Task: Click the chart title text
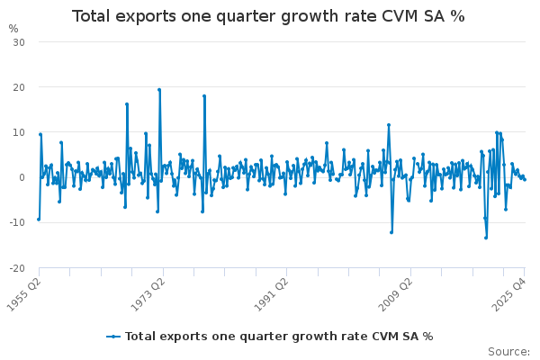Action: point(268,16)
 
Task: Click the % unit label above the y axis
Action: point(13,28)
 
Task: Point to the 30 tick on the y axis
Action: point(19,42)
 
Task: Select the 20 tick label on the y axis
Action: point(19,87)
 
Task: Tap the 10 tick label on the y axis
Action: point(19,132)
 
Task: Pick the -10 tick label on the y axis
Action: point(17,222)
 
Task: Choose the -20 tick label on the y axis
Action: point(17,267)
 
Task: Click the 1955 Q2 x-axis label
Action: point(23,292)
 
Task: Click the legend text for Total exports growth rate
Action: point(279,337)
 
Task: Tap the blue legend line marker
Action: point(113,337)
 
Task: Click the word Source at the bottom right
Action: point(508,352)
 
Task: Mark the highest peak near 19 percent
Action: point(159,90)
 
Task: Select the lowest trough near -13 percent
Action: point(486,238)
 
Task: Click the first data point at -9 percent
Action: point(39,219)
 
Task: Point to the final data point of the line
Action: point(524,180)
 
